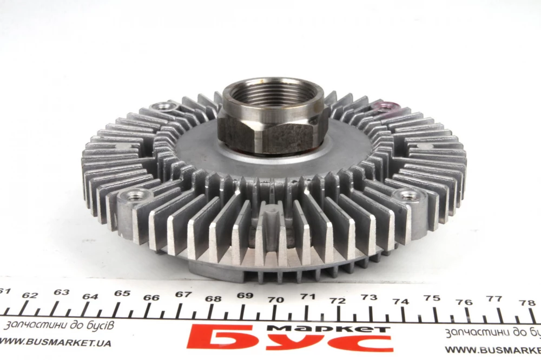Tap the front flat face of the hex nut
[x=282, y=138]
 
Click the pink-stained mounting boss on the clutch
[x=387, y=106]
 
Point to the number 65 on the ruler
[x=122, y=294]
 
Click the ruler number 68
[x=213, y=298]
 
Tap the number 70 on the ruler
[x=276, y=299]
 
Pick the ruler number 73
[x=369, y=297]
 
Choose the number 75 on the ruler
[x=432, y=298]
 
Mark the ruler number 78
[x=527, y=303]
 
